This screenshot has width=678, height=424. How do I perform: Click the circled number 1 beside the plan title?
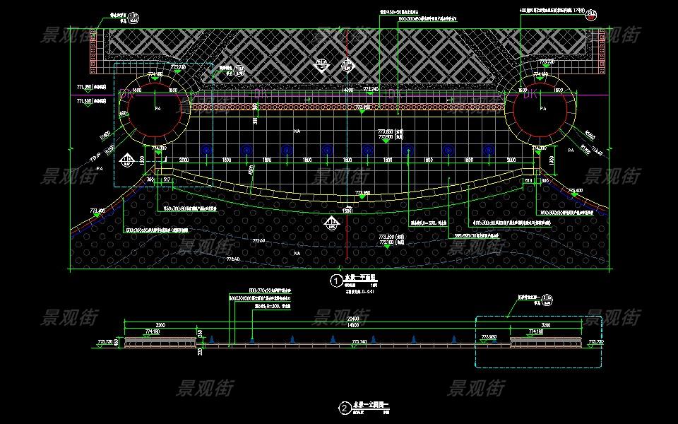[335, 281]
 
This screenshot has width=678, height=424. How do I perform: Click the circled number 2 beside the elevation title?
[343, 408]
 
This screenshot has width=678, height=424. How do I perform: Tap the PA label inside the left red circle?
[157, 109]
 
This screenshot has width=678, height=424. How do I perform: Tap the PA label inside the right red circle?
[542, 109]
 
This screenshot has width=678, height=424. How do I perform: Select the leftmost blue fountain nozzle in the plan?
[206, 150]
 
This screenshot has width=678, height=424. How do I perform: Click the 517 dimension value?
[167, 181]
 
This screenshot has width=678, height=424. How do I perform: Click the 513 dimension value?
[527, 181]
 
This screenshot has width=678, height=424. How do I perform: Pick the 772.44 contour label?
[257, 242]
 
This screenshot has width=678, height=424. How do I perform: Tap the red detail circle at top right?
[595, 13]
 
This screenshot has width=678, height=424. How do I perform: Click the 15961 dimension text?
[347, 211]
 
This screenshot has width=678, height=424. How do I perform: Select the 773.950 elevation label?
[363, 192]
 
